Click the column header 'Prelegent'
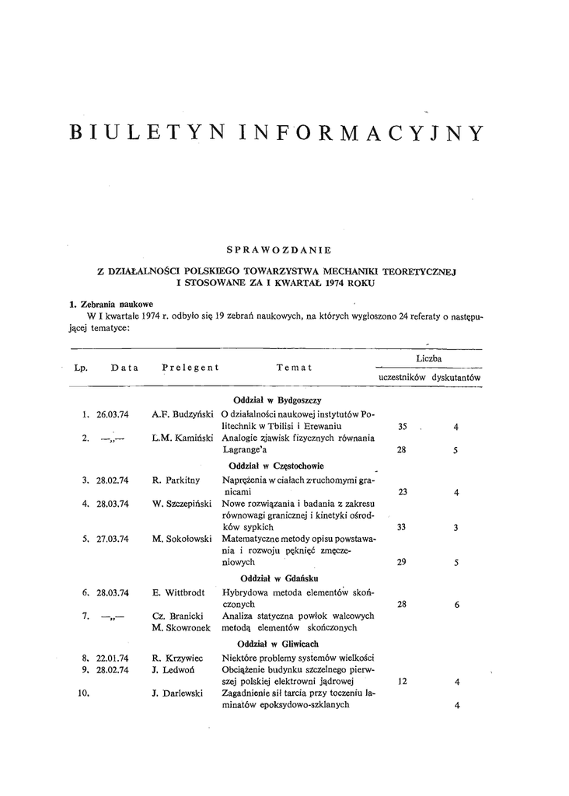click(x=190, y=367)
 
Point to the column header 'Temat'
click(x=294, y=367)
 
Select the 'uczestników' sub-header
click(x=402, y=377)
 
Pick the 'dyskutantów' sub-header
click(x=457, y=377)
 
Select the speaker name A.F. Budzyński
click(x=183, y=415)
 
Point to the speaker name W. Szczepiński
click(x=183, y=504)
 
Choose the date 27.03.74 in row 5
click(x=113, y=538)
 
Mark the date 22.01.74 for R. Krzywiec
click(x=113, y=658)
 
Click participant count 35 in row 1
click(x=402, y=427)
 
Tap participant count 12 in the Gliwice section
click(x=402, y=682)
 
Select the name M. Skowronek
click(x=183, y=627)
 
